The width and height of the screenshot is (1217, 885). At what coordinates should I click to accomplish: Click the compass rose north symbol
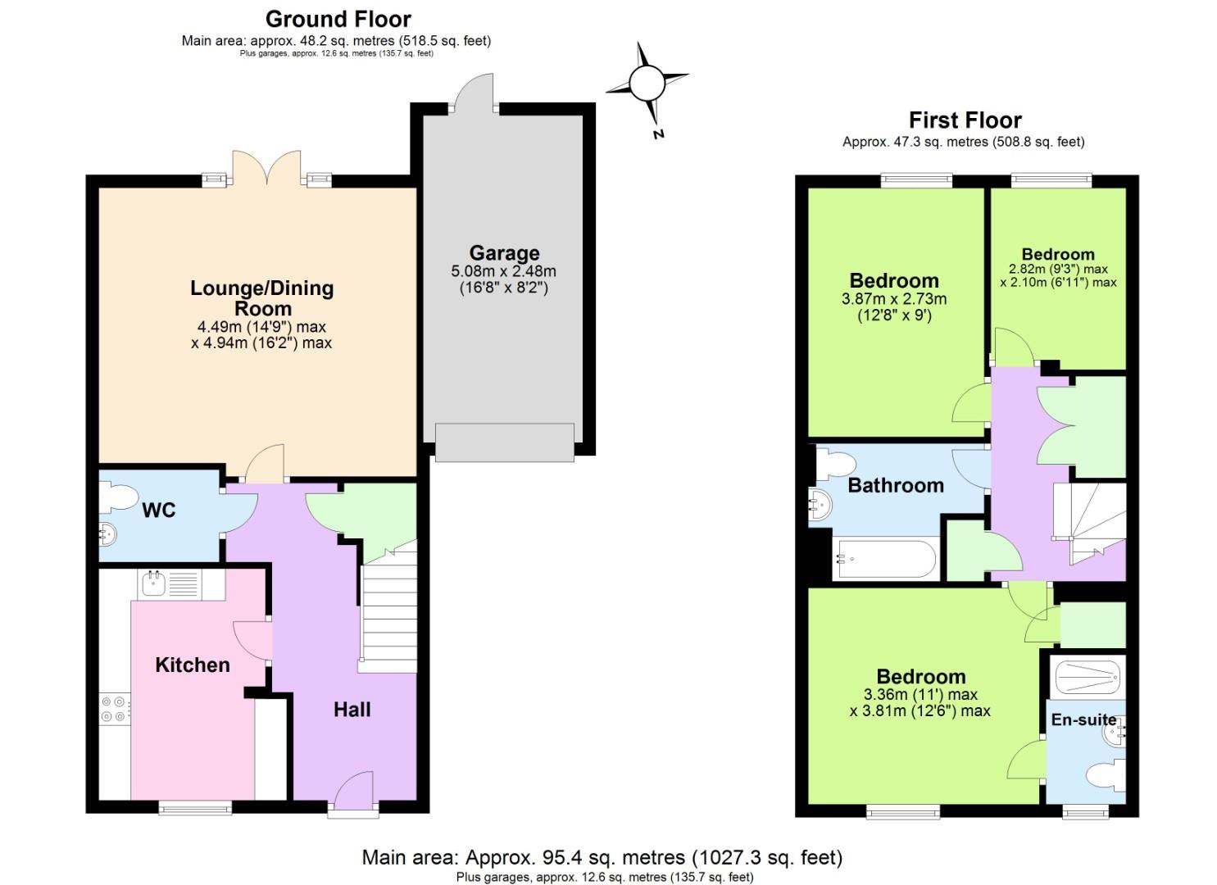[x=647, y=83]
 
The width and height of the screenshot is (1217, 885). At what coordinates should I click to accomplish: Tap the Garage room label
[x=504, y=252]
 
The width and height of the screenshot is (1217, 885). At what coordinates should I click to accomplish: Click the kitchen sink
[x=154, y=583]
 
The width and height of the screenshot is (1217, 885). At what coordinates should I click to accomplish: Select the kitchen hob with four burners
[x=114, y=709]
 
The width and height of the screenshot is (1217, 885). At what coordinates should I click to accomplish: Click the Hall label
[x=352, y=710]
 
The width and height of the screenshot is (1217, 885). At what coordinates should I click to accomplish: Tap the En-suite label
[x=1083, y=719]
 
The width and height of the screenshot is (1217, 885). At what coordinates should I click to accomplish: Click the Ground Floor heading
[x=338, y=19]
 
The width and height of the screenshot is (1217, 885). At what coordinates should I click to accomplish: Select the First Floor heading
[x=965, y=120]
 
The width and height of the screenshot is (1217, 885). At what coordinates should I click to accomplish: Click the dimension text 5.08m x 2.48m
[x=503, y=271]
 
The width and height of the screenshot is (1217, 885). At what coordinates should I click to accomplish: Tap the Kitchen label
[x=193, y=665]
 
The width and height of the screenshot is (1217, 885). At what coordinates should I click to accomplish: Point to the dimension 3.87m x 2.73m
[x=893, y=299]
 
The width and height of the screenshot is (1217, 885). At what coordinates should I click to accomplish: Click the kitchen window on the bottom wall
[x=195, y=808]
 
